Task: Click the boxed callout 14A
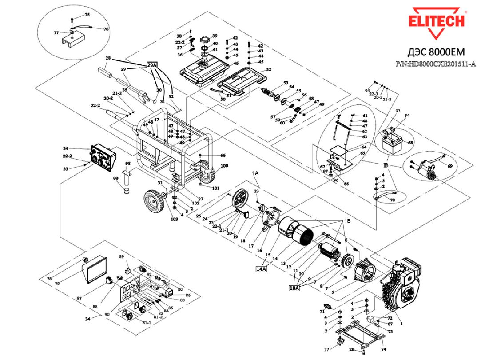(262, 268)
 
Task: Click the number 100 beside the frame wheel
(224, 166)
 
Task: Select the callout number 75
(87, 15)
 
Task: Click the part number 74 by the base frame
(383, 349)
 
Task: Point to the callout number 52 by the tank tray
(268, 70)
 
